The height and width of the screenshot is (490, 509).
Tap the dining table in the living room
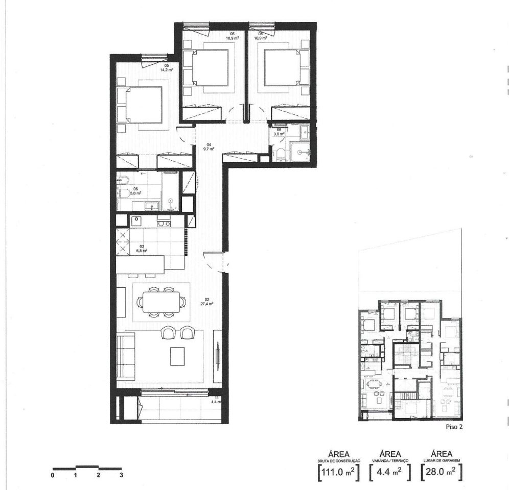coord(161,301)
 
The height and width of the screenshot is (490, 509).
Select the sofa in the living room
coord(125,356)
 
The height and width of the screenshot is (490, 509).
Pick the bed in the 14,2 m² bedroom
coord(141,105)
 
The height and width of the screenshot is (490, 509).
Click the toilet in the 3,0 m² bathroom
coord(279,155)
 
